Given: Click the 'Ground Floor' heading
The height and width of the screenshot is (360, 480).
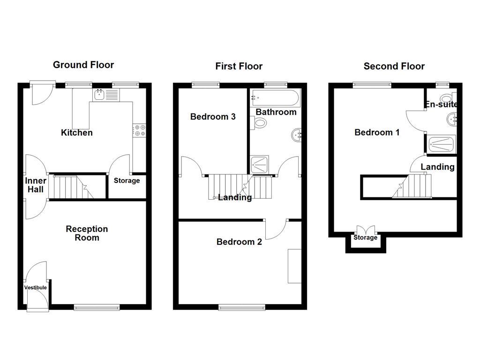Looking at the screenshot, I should (x=83, y=65).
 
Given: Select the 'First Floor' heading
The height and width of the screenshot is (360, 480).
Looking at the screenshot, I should (x=239, y=66).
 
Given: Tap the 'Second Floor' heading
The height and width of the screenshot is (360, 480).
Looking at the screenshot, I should (x=394, y=66).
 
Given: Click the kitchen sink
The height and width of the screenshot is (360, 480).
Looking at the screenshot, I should (x=99, y=95).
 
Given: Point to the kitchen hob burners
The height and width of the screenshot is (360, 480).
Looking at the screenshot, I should (x=139, y=130).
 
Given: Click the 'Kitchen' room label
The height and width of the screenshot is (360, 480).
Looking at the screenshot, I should (x=77, y=133).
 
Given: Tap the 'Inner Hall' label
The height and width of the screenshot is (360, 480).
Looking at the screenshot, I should (x=36, y=185).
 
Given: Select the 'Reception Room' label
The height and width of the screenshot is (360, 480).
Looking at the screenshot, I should (x=87, y=233).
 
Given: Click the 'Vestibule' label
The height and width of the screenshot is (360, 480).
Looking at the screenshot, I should (x=36, y=287).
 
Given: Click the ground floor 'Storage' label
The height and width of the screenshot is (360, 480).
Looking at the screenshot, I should (x=127, y=180).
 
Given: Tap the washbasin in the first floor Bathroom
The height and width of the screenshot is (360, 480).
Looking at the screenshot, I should (x=296, y=135).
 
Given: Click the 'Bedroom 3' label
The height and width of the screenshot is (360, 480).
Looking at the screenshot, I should (x=213, y=117).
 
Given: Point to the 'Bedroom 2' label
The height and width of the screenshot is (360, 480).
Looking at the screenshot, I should (x=239, y=242).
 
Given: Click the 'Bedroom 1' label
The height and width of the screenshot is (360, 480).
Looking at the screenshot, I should (x=377, y=133).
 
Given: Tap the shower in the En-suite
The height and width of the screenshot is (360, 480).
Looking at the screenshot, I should (x=441, y=144).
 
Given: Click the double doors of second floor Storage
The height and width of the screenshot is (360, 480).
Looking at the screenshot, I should (x=366, y=230).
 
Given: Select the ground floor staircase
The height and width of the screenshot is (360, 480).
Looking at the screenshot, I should (x=70, y=187).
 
